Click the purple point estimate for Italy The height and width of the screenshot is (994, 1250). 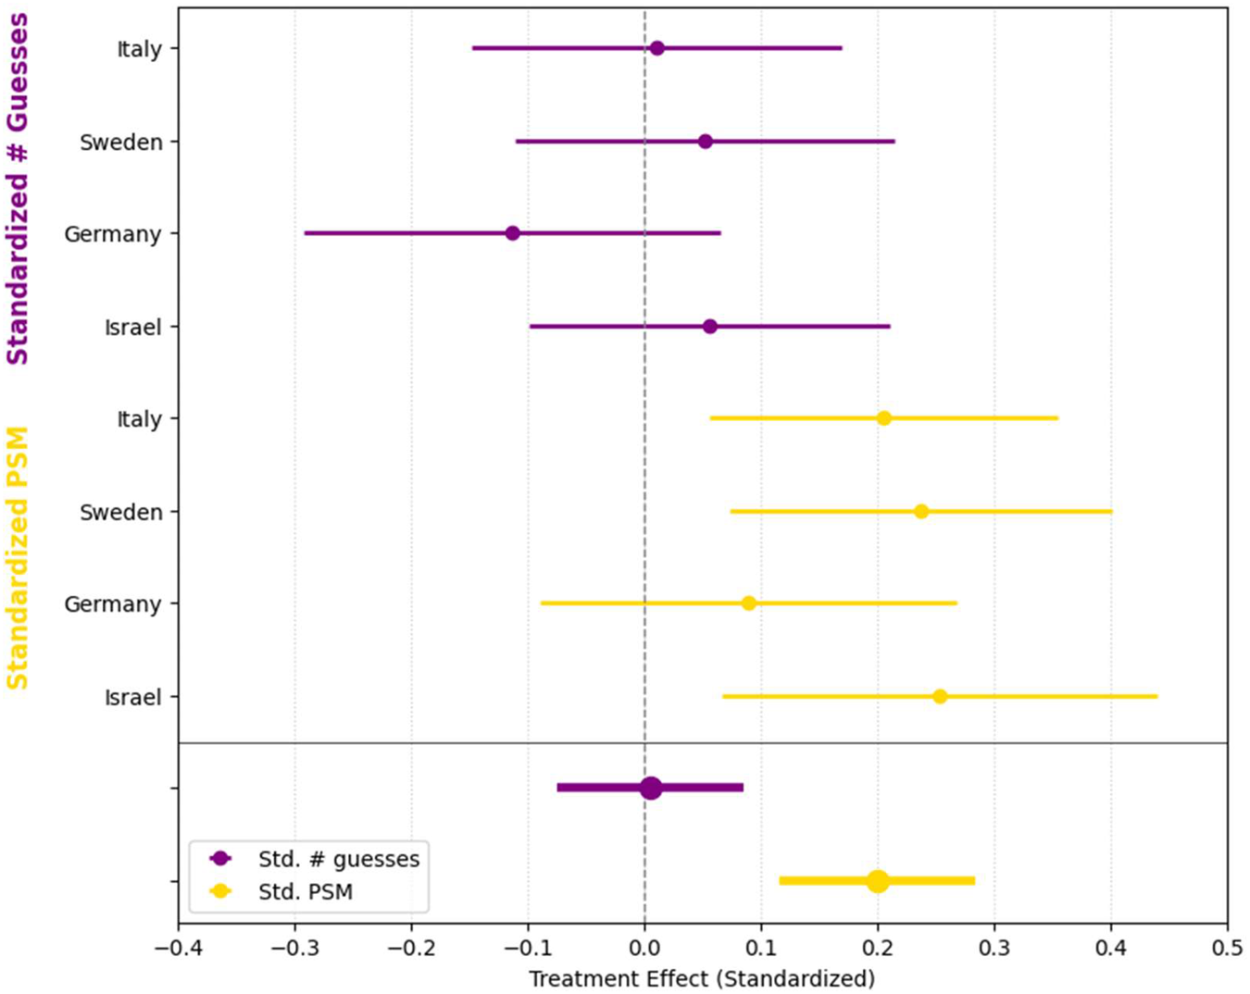coord(656,48)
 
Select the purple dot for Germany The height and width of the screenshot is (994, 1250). coord(512,233)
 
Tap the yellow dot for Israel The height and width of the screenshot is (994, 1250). coord(940,696)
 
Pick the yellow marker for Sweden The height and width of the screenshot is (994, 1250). coord(921,512)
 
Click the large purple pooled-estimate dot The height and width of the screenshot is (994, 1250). coord(651,789)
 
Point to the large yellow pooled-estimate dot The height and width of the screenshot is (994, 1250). coord(878,881)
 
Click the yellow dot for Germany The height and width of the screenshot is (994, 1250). coord(749,603)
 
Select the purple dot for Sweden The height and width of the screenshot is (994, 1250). coord(706,142)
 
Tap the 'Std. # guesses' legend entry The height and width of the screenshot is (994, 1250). coord(338,859)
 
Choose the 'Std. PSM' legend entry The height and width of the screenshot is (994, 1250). coord(305,892)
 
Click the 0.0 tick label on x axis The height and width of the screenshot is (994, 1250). coord(644,949)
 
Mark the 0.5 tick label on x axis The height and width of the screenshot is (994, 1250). coord(1227,949)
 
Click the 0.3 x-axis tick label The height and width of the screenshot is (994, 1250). coord(994,949)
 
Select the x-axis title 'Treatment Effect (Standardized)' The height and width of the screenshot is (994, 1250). coord(702,978)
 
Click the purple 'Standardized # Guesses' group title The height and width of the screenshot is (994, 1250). coord(18,189)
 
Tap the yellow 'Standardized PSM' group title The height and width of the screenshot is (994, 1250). coord(18,558)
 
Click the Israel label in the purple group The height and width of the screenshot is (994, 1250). coord(132,327)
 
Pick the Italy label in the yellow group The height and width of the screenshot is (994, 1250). coord(139,419)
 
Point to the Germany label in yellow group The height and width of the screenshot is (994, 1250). coord(112,604)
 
